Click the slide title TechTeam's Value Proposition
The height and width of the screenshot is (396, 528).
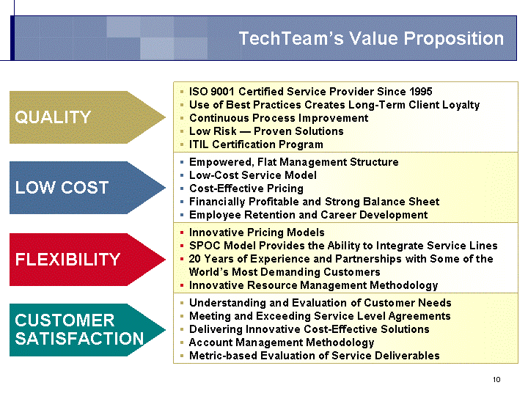(371, 38)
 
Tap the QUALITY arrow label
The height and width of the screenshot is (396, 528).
(53, 117)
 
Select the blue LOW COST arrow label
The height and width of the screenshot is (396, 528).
(62, 188)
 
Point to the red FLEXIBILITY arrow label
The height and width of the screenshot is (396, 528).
(67, 260)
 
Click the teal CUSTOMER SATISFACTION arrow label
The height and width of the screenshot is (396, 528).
(79, 330)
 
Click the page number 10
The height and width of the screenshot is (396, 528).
(496, 380)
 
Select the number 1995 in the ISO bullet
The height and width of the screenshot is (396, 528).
(421, 92)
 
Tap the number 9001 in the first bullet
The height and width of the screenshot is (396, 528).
(223, 92)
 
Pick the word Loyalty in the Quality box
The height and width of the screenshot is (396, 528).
(461, 105)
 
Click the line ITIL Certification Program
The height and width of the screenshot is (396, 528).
(256, 144)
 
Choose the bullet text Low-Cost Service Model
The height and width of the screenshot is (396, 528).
(253, 175)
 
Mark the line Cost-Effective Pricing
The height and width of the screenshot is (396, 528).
(246, 188)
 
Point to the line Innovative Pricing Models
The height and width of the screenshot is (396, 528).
(257, 232)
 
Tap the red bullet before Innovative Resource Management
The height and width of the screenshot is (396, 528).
(182, 285)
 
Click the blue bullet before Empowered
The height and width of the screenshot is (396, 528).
(182, 162)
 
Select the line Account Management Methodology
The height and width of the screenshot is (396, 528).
(282, 342)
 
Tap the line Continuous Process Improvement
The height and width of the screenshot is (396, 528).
(279, 118)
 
